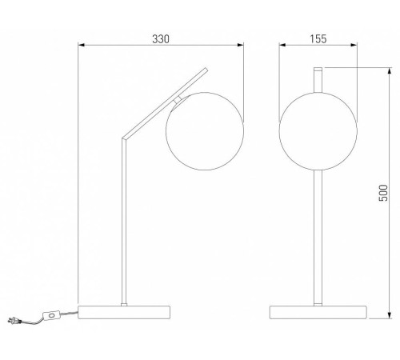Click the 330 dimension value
tap(161, 39)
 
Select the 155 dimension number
tap(318, 39)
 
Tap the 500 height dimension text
tap(383, 193)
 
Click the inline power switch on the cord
tap(51, 315)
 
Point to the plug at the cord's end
tap(13, 321)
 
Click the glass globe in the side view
tap(205, 131)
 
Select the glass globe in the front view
tap(318, 131)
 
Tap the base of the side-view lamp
tap(124, 312)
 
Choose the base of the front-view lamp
tap(318, 312)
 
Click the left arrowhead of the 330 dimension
tap(81, 45)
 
